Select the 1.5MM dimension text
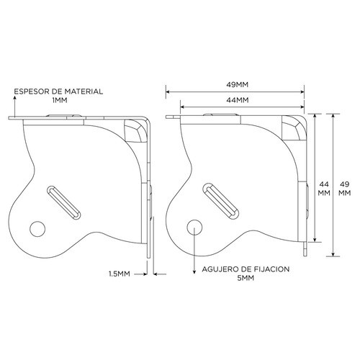tap(119, 274)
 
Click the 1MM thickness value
tap(59, 102)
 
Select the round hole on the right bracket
tap(194, 225)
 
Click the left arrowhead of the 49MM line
tap(168, 91)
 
